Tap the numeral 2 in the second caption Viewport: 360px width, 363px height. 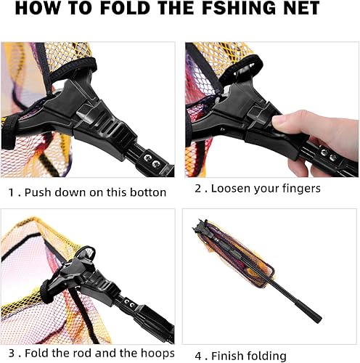[197, 189]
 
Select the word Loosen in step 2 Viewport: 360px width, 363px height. [234, 189]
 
